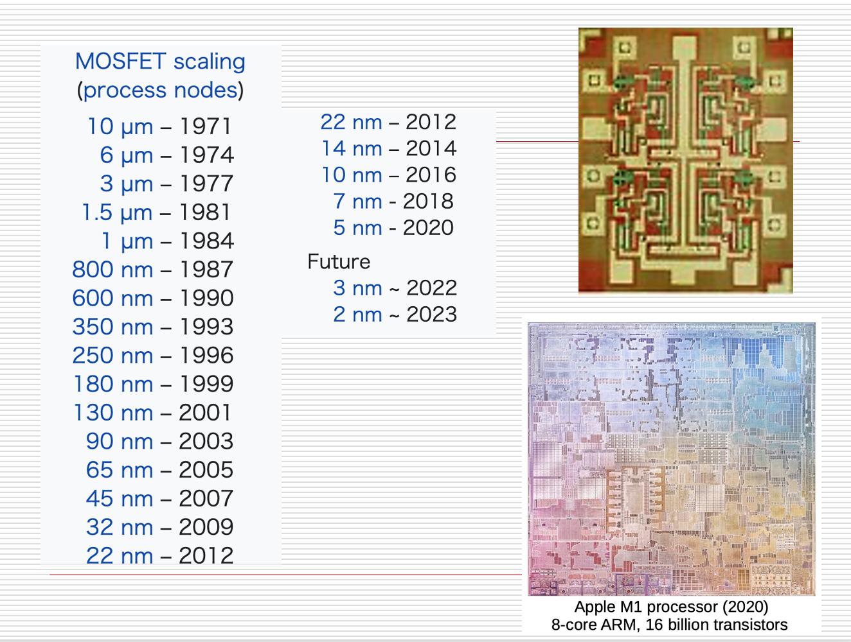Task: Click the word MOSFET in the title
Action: coord(121,61)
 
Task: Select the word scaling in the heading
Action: coord(210,62)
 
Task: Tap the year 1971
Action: coord(206,126)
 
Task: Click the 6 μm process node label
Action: coord(127,155)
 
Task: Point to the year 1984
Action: coord(206,241)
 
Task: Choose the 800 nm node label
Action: coord(112,270)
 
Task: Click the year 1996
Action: coord(206,356)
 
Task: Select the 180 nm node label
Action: coord(113,384)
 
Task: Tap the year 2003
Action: coord(206,442)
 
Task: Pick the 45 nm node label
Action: coord(120,499)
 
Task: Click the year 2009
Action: coord(206,527)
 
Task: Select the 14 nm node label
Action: coord(352,149)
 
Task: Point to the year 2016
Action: coord(431,175)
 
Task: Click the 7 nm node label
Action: coord(357,202)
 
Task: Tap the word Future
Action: coord(339,262)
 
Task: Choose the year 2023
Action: coord(431,315)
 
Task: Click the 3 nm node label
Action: coord(357,288)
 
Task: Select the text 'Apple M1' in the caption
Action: coord(608,607)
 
